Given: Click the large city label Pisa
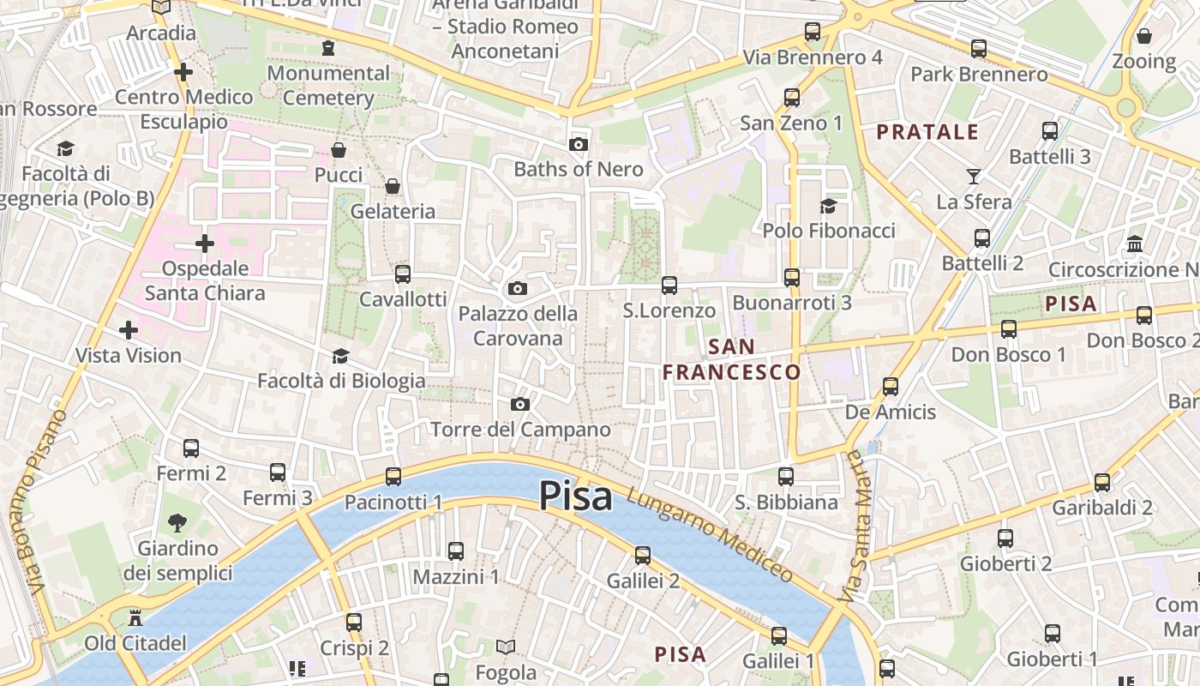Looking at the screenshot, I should coord(575,496).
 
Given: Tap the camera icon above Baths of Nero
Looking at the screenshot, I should coord(579,144).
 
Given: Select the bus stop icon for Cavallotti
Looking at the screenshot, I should coord(402,274).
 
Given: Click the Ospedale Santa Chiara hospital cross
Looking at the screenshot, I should coord(205,244).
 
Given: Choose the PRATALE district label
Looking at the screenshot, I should coord(927,132).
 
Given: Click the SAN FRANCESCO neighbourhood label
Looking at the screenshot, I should coord(732,359).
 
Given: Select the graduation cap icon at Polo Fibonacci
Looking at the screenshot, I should coord(828,206).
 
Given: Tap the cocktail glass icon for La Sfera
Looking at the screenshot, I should coord(974,177).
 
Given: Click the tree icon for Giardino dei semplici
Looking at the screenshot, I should coord(177,522).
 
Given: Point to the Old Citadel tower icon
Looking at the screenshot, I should coord(135,617).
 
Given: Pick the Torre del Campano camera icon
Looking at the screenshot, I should coord(520,404).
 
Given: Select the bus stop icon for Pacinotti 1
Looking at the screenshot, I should coord(393,477).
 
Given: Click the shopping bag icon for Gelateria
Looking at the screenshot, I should coord(393,186).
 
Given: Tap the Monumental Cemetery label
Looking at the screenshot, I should coord(328,85).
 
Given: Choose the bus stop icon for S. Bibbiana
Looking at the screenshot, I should coord(786,477).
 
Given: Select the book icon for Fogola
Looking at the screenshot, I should coord(507,647).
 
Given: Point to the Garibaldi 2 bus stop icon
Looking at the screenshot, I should coord(1102,483).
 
